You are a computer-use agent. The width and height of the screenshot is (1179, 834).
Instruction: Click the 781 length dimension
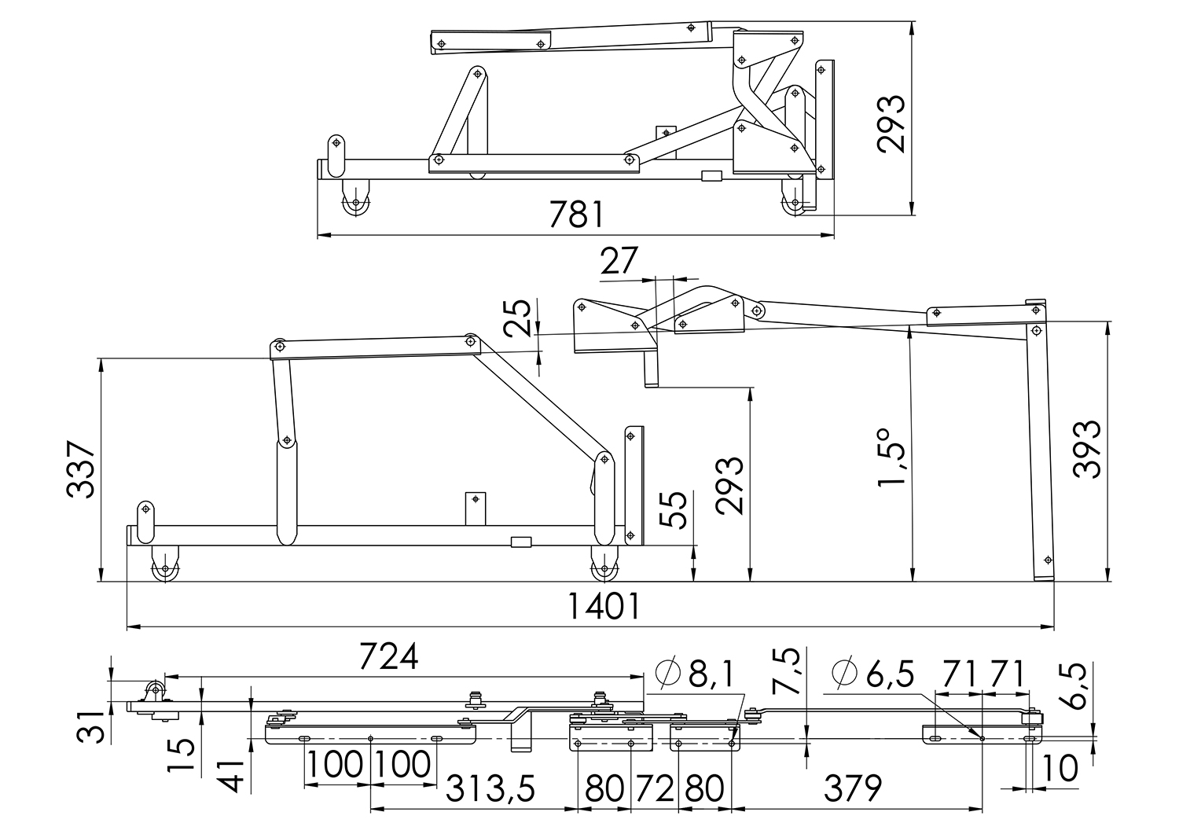click(x=576, y=215)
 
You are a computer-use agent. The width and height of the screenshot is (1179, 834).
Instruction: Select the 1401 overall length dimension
click(x=604, y=607)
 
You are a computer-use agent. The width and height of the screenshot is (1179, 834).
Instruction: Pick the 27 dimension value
click(x=619, y=261)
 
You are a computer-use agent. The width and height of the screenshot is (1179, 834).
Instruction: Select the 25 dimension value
click(x=517, y=318)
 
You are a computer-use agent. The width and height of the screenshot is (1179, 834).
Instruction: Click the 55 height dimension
click(x=673, y=509)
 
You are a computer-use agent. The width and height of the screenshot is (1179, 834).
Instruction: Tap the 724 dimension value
click(x=388, y=656)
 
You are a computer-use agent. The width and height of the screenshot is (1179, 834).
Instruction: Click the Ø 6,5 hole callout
click(x=872, y=674)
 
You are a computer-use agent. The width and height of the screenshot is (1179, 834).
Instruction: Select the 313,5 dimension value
click(x=490, y=788)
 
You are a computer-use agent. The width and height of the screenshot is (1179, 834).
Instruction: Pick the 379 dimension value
click(x=853, y=788)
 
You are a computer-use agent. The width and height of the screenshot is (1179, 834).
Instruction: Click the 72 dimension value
click(x=655, y=788)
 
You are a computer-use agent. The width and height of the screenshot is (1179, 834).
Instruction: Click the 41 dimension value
click(x=232, y=776)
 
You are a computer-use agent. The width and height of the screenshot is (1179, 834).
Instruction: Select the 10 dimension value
click(x=1060, y=769)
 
